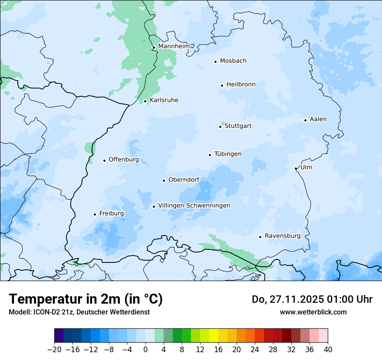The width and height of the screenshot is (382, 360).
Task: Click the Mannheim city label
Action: [x=174, y=46]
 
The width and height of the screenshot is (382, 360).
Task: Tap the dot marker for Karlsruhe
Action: [x=145, y=101]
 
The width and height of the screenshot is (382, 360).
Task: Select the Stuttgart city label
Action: [x=238, y=126]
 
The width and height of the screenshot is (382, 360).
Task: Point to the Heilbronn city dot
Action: [x=222, y=85]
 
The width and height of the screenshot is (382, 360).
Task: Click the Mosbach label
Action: [x=233, y=61]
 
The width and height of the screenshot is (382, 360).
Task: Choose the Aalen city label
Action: [x=318, y=119]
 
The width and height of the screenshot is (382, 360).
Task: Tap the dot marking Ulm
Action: [x=296, y=168]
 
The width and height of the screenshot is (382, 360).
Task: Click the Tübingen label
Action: [x=228, y=154]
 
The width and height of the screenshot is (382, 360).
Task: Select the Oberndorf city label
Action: [x=184, y=180]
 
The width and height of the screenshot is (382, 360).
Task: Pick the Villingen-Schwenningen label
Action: [x=194, y=206]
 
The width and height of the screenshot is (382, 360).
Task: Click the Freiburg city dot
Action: [x=95, y=214]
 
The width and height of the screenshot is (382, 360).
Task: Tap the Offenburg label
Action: [x=124, y=160]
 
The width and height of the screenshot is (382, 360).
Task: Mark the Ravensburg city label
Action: [x=283, y=236]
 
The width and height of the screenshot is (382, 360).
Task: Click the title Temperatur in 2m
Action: [x=86, y=299]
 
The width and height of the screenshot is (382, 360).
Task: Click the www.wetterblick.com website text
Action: [x=313, y=312]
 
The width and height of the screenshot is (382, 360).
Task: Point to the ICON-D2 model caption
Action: [x=79, y=312]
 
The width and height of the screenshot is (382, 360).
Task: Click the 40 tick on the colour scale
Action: [x=328, y=350]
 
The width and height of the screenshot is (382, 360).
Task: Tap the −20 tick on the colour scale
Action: [x=55, y=350]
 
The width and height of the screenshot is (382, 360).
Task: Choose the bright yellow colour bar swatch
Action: [x=214, y=336]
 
